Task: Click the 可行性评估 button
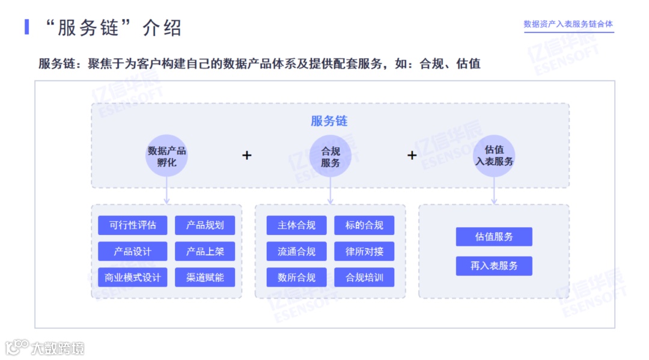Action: [x=132, y=225]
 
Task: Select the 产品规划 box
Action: [x=205, y=225]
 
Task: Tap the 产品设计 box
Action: [x=132, y=251]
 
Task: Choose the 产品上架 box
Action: [x=205, y=251]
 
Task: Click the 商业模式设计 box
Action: [x=132, y=277]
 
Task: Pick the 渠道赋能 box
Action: [x=205, y=277]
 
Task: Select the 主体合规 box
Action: [x=296, y=225]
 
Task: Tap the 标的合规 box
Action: [x=364, y=225]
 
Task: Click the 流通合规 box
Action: [x=296, y=251]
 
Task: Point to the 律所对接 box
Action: [x=364, y=251]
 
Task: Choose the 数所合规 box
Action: [x=296, y=277]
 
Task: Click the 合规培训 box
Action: [x=364, y=277]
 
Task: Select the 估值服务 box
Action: [x=494, y=237]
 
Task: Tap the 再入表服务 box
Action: [x=494, y=266]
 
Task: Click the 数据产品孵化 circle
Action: [x=167, y=156]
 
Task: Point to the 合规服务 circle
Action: [x=331, y=156]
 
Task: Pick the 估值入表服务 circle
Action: [x=494, y=155]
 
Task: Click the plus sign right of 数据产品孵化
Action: [x=247, y=155]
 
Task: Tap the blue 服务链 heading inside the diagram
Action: [x=329, y=121]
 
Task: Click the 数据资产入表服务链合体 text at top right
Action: [x=568, y=24]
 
